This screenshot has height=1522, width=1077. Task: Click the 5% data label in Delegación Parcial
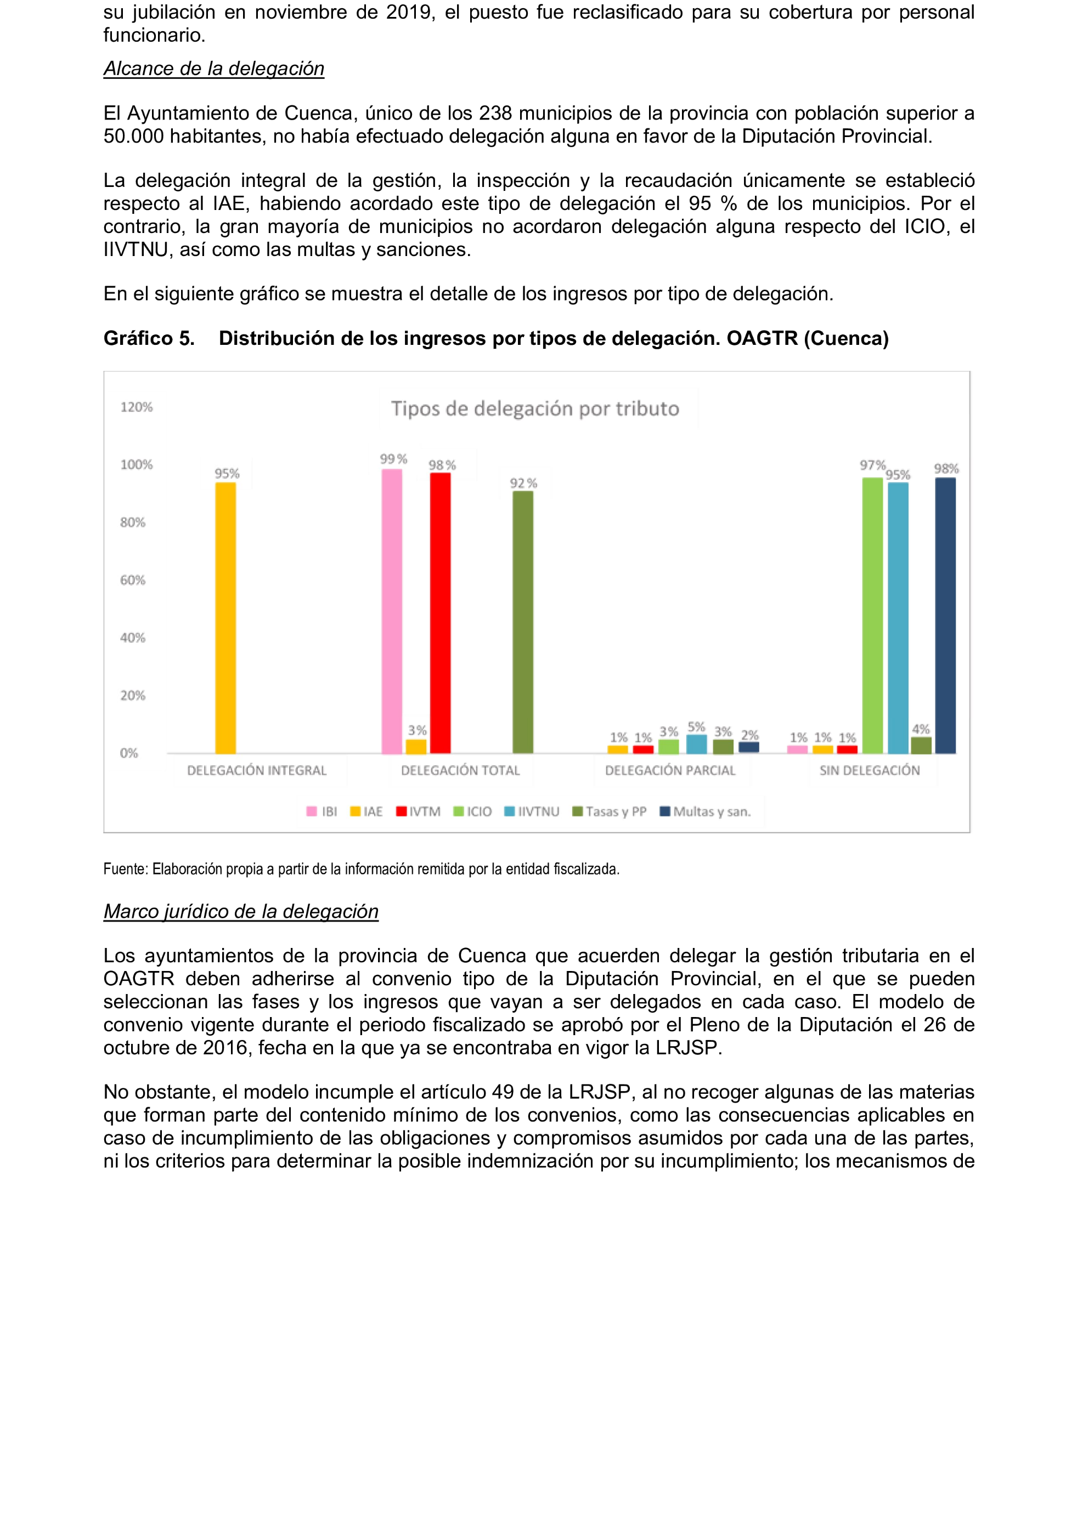[696, 726]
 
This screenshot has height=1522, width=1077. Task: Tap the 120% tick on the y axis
[136, 407]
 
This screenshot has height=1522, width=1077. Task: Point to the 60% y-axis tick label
[133, 580]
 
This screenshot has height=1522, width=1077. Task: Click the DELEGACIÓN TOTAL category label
[460, 770]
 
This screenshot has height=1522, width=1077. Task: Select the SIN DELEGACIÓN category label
[870, 770]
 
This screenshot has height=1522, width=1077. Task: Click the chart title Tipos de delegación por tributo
[535, 408]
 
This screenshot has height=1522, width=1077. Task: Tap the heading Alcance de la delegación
[213, 69]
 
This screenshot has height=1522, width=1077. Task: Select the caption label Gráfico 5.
[149, 338]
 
